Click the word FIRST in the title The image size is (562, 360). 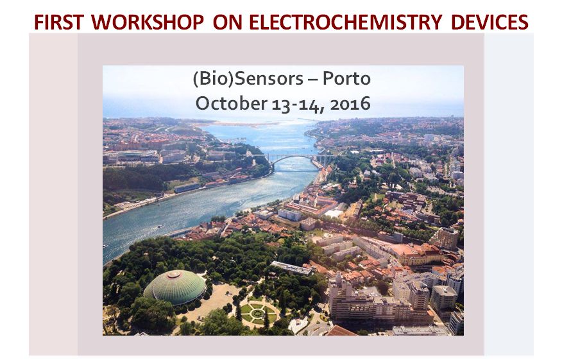[59, 22]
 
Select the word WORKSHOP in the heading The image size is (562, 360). [148, 22]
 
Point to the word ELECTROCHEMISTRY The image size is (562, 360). [346, 22]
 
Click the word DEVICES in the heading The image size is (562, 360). [490, 22]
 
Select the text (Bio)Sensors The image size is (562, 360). [248, 78]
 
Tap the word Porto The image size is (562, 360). [346, 78]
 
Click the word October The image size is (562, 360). [231, 103]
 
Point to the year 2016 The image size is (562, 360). [350, 104]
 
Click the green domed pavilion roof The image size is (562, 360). [175, 287]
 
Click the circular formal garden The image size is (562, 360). [257, 313]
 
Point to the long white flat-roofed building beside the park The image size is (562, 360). [291, 268]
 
